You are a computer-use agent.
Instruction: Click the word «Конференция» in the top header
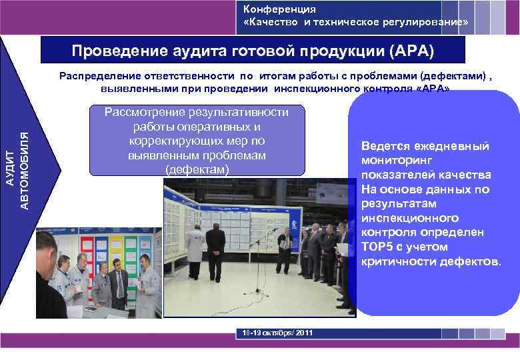click(279, 9)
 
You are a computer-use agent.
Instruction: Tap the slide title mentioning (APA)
click(253, 51)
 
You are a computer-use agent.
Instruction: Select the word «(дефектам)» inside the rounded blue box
click(197, 170)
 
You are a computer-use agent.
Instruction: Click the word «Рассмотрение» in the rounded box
click(143, 111)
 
